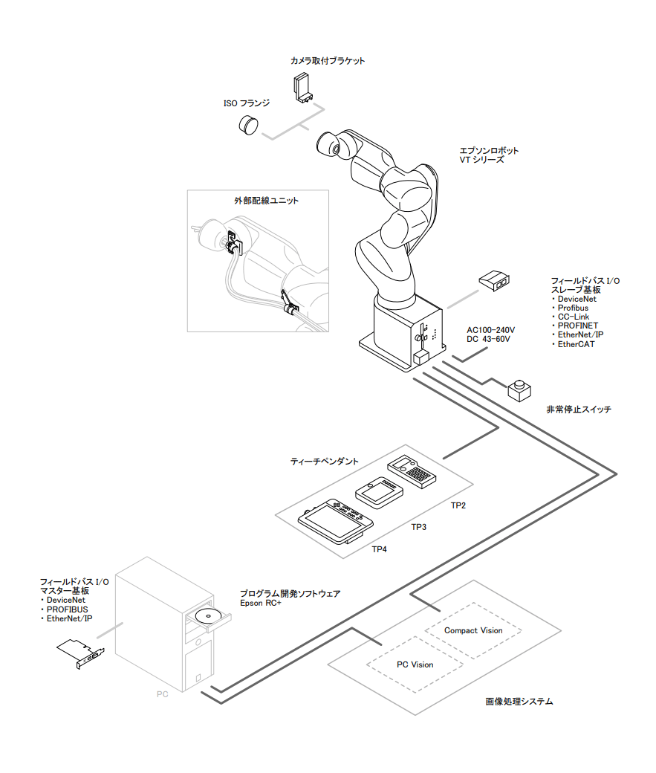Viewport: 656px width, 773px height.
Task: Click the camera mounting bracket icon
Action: pyautogui.click(x=305, y=87)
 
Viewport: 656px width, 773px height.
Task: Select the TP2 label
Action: pyautogui.click(x=458, y=505)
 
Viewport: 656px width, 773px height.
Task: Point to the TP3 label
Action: pyautogui.click(x=419, y=527)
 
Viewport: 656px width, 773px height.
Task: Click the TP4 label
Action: pyautogui.click(x=380, y=549)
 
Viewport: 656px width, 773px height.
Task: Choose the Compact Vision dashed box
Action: pyautogui.click(x=473, y=630)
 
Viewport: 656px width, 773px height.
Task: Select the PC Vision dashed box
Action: pyautogui.click(x=415, y=664)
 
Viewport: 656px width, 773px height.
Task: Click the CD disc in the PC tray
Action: pyautogui.click(x=207, y=615)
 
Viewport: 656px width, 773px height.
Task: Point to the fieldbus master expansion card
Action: pyautogui.click(x=81, y=653)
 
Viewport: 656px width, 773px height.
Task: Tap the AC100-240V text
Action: pyautogui.click(x=490, y=329)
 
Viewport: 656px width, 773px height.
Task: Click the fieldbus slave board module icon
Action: pyautogui.click(x=493, y=281)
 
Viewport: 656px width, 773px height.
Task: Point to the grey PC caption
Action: pyautogui.click(x=163, y=694)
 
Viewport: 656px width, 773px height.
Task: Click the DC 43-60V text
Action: pyautogui.click(x=489, y=339)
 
